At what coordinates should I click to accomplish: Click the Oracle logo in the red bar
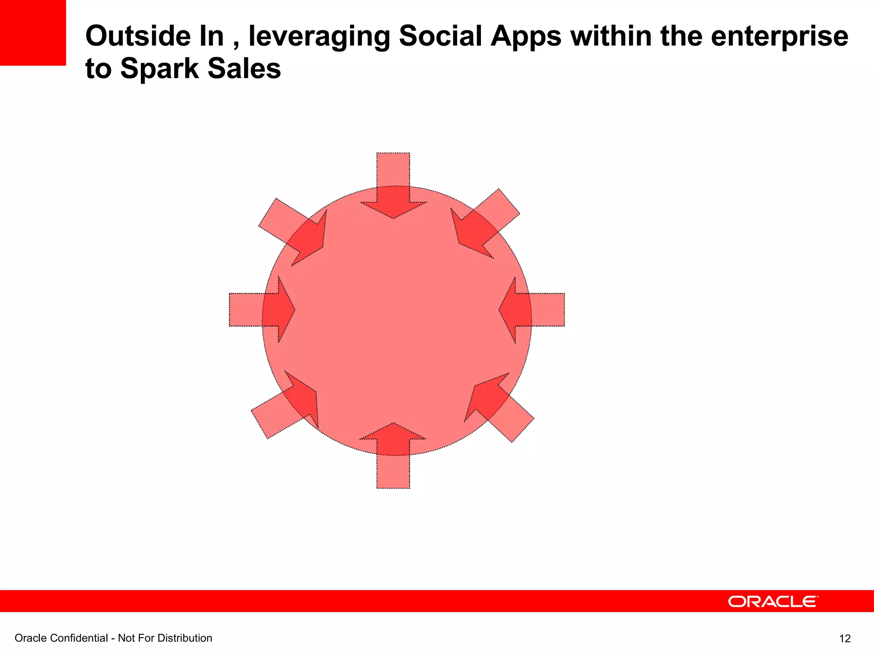(x=772, y=601)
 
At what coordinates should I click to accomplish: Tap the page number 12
(x=845, y=638)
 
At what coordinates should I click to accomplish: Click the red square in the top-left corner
(x=33, y=32)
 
